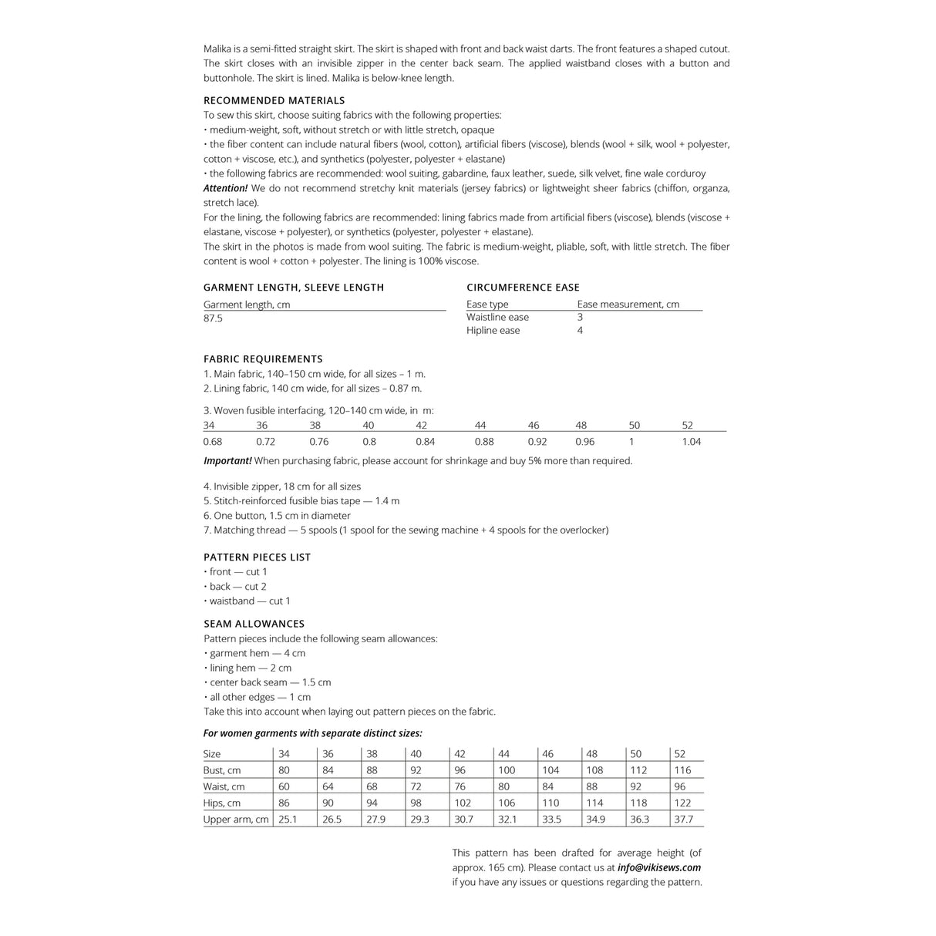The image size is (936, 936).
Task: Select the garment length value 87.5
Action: point(213,318)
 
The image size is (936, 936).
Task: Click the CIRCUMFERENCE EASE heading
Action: point(523,288)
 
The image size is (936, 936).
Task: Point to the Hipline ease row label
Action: point(493,331)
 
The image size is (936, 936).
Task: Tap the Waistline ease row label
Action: point(497,317)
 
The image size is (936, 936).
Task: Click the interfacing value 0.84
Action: point(425,442)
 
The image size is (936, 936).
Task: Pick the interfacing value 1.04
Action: point(692,442)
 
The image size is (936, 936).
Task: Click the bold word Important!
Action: point(227,461)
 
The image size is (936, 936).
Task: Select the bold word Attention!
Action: point(226,188)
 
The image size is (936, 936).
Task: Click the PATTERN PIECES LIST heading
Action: point(257,557)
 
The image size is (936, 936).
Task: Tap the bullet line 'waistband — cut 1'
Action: point(250,601)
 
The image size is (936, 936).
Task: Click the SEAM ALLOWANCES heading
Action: point(254,624)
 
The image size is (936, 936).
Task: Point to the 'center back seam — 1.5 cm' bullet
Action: point(270,682)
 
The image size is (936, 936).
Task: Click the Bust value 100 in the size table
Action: point(507,770)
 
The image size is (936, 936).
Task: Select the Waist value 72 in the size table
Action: point(416,787)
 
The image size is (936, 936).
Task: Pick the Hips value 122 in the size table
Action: point(683,803)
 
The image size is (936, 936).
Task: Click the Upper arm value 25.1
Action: point(288,820)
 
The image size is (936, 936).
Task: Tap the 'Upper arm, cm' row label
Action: point(236,820)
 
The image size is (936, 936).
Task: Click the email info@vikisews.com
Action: point(659,867)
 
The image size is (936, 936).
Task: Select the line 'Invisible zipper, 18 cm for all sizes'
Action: point(282,487)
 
